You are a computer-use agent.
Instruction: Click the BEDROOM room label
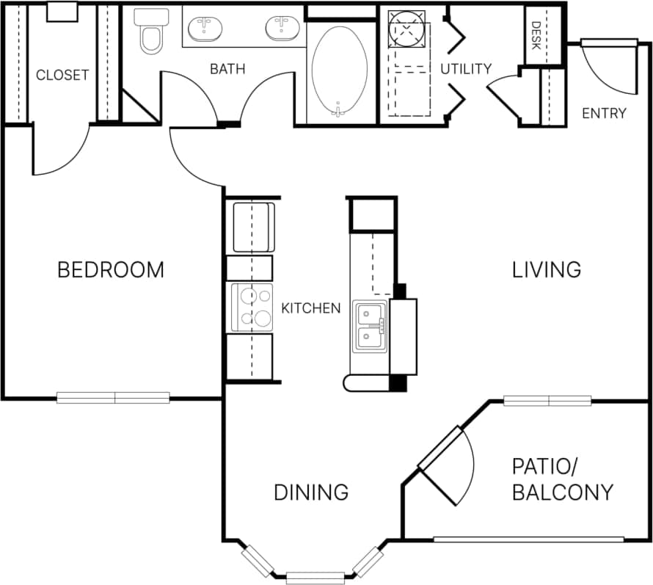click(111, 269)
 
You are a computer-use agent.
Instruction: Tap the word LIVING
click(547, 269)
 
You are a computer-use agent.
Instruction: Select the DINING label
click(310, 492)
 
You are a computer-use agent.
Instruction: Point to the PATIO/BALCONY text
click(562, 479)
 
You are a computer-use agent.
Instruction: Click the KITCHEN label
click(311, 308)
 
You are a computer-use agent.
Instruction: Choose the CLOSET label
click(62, 75)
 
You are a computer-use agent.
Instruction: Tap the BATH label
click(227, 70)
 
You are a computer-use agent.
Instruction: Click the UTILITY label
click(466, 69)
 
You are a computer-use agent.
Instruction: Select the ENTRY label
click(604, 113)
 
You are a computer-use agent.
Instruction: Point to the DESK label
click(536, 35)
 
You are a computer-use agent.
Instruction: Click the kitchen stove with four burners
click(252, 306)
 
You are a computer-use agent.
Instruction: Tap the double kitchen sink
click(370, 325)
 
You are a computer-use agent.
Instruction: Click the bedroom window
click(114, 398)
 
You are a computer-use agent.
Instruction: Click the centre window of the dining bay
click(315, 577)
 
